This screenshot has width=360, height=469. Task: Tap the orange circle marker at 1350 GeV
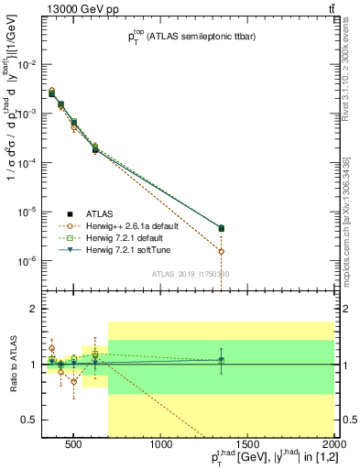click(221, 251)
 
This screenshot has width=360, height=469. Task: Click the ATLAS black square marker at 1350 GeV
click(221, 228)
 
